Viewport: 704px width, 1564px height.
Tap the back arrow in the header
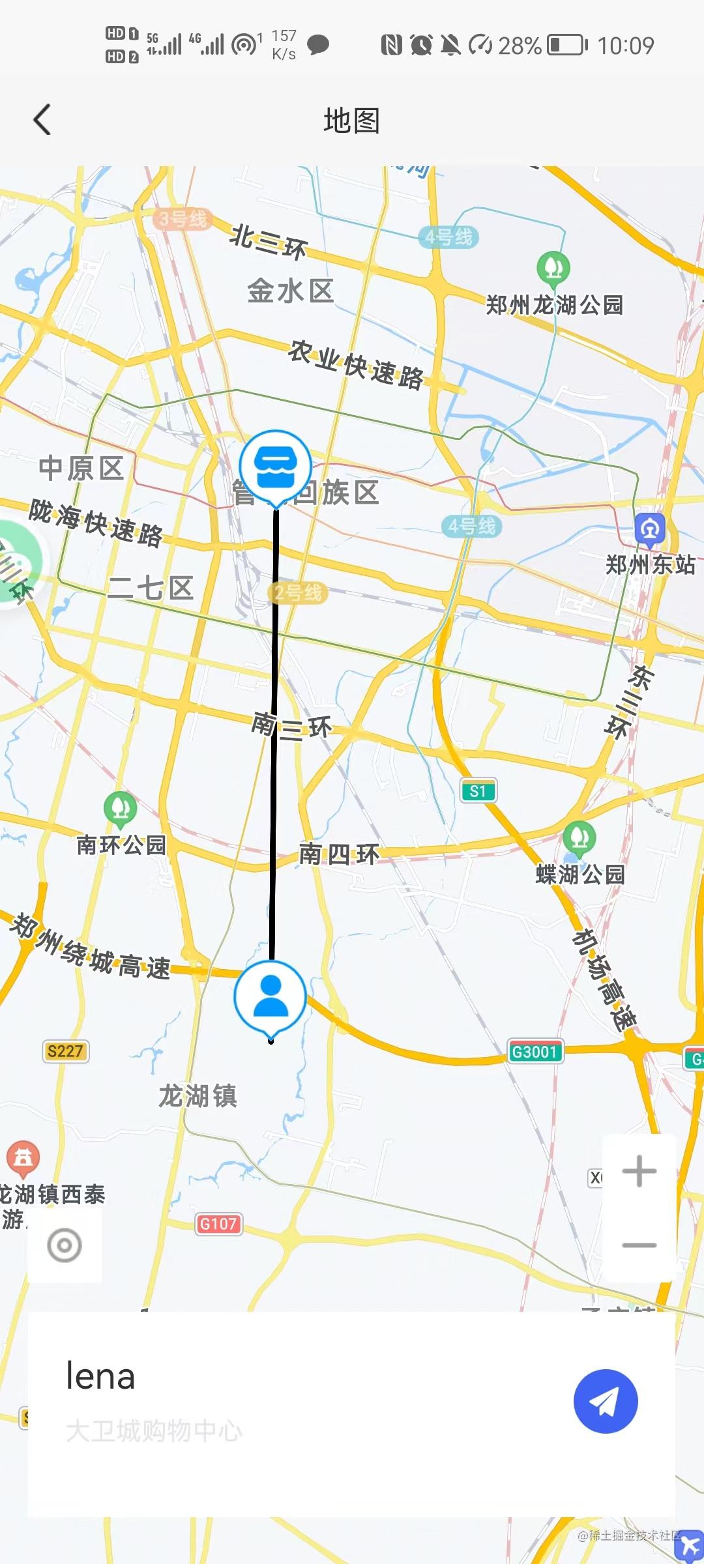pyautogui.click(x=42, y=120)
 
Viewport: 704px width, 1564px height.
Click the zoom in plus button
pyautogui.click(x=639, y=1171)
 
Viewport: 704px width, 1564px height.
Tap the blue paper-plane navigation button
pyautogui.click(x=606, y=1402)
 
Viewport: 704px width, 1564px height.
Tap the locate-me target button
pyautogui.click(x=65, y=1245)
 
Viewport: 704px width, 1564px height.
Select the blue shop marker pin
pyautogui.click(x=276, y=467)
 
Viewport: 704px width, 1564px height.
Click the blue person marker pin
pyautogui.click(x=271, y=997)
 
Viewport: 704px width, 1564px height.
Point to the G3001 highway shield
pyautogui.click(x=535, y=1051)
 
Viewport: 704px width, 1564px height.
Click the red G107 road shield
pyautogui.click(x=218, y=1224)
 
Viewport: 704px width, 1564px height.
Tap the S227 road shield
pyautogui.click(x=65, y=1050)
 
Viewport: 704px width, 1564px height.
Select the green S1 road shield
pyautogui.click(x=478, y=791)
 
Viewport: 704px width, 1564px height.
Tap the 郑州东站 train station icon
pyautogui.click(x=650, y=529)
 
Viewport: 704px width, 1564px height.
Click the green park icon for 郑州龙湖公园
pyautogui.click(x=553, y=268)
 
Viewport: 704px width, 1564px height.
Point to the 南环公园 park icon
pyautogui.click(x=121, y=808)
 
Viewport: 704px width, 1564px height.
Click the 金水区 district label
pyautogui.click(x=291, y=291)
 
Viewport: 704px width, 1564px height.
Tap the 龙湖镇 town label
pyautogui.click(x=198, y=1095)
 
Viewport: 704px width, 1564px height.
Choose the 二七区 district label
pyautogui.click(x=151, y=588)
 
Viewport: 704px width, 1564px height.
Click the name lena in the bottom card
pyautogui.click(x=100, y=1376)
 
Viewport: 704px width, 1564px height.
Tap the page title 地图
pyautogui.click(x=352, y=121)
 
